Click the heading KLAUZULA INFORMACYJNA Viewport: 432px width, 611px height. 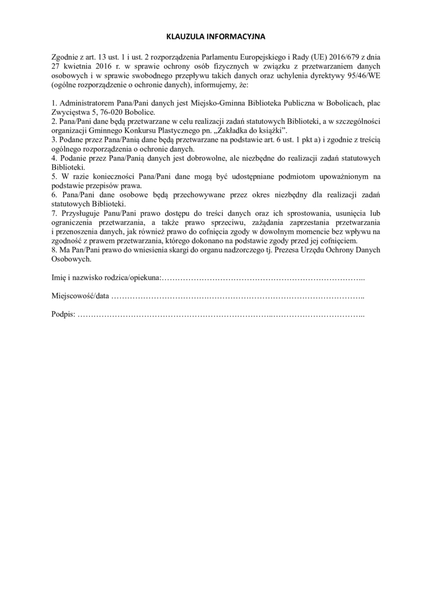click(x=216, y=36)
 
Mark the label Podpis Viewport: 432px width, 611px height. click(x=62, y=314)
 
